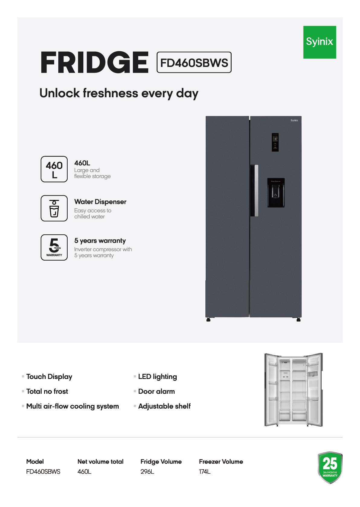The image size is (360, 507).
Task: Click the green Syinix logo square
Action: [320, 42]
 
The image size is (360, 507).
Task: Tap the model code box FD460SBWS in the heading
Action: [194, 63]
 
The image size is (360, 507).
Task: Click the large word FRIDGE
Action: [95, 63]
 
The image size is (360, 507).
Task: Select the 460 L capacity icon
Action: [54, 169]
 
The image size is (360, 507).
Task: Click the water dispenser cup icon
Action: [54, 208]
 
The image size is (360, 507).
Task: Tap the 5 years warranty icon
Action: [54, 247]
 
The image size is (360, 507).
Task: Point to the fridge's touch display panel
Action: [275, 142]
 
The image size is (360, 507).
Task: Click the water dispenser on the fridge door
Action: [276, 193]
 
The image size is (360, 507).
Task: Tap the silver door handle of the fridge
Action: [256, 190]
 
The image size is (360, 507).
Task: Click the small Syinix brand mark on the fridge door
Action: [294, 120]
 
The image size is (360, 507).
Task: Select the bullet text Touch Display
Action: [49, 377]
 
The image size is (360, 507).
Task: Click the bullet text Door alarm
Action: [156, 391]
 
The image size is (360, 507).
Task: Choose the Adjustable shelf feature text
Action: [164, 406]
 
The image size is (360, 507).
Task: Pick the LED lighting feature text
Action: [157, 377]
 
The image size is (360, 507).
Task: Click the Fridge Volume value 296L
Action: [147, 472]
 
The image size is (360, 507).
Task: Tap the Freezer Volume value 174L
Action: [205, 472]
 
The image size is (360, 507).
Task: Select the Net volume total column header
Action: [100, 462]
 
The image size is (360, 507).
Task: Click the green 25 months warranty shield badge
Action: [330, 467]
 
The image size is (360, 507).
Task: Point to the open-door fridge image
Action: [293, 390]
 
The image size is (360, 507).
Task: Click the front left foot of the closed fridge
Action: [208, 320]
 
